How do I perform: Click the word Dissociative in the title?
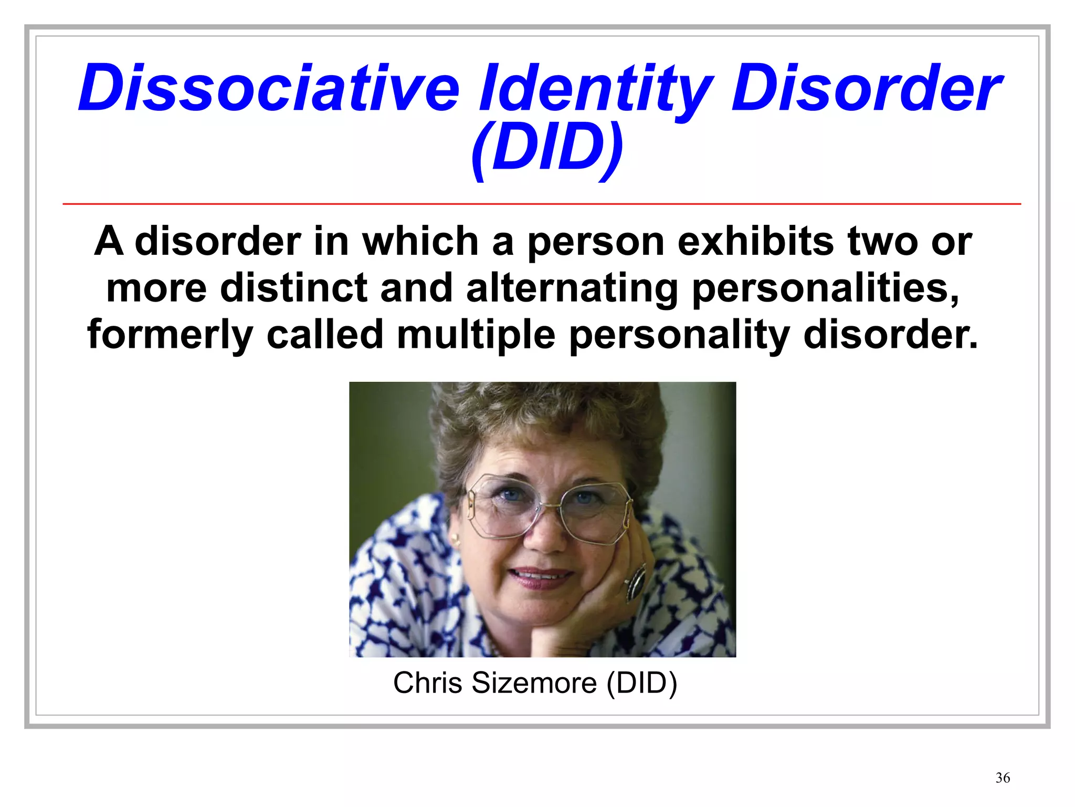point(269,88)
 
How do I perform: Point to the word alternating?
point(573,288)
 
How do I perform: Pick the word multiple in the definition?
point(476,335)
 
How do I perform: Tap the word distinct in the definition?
point(294,288)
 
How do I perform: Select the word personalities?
point(825,289)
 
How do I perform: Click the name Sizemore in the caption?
point(534,683)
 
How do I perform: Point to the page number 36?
point(1003,778)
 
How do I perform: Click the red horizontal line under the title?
point(542,203)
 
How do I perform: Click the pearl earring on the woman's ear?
point(455,538)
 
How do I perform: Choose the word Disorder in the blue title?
point(866,88)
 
